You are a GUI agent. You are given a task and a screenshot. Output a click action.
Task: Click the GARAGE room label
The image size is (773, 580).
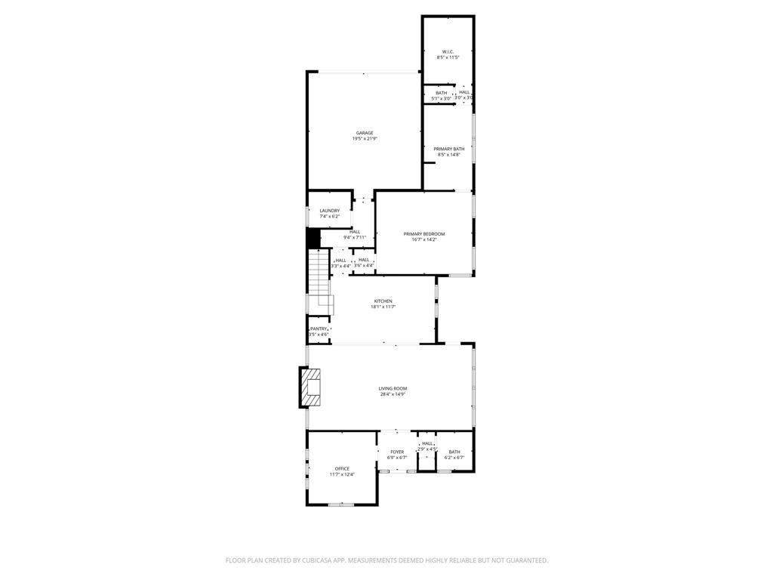pos(365,133)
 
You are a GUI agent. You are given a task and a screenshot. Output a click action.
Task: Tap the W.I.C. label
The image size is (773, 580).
pos(448,51)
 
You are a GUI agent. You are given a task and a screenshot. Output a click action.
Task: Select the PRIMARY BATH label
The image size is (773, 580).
pos(448,149)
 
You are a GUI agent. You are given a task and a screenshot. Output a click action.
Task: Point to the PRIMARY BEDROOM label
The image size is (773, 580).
pos(423,234)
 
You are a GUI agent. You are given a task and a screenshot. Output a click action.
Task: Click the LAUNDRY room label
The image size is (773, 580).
pos(329,211)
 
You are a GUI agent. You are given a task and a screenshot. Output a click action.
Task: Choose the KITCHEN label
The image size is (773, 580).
pos(383,301)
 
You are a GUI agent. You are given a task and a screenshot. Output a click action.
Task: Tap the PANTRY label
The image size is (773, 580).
pos(319,329)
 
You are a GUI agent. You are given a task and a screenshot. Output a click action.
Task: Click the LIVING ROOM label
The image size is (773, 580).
pos(393,388)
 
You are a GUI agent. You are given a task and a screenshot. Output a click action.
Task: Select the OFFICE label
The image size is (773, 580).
pos(342,469)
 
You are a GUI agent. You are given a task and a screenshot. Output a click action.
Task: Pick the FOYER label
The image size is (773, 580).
pos(397,452)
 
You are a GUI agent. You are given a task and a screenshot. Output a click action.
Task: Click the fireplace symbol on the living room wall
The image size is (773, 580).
pos(311,387)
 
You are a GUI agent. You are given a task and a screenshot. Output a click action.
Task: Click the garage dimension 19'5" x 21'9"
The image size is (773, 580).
pos(365,139)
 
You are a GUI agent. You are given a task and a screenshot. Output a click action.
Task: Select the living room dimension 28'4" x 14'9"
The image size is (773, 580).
pos(393,394)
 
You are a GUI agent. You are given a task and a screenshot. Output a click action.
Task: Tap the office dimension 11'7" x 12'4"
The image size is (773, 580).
pos(342,475)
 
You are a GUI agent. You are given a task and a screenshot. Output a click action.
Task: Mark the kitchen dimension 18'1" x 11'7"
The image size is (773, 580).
pos(383,307)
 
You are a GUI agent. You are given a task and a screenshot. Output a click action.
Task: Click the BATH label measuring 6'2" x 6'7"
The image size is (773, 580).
pos(454,452)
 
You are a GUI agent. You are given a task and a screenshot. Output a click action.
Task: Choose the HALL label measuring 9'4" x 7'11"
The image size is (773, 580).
pos(355,232)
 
